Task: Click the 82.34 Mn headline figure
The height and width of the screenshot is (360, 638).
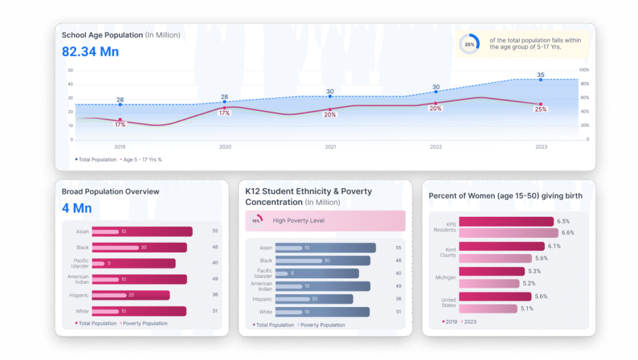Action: tap(90, 52)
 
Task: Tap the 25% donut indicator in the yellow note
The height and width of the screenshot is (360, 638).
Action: tap(469, 44)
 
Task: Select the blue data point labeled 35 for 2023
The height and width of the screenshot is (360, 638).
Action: tap(540, 80)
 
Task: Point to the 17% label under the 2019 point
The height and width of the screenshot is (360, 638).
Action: tap(120, 125)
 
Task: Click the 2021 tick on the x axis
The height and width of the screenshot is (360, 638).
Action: tap(330, 147)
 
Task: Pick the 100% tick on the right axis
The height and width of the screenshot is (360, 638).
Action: tap(584, 70)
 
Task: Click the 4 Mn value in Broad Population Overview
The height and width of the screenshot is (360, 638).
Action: tap(77, 208)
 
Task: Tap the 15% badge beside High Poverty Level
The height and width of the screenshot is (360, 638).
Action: tap(256, 221)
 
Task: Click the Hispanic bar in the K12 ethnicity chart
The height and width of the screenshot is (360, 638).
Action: tap(314, 299)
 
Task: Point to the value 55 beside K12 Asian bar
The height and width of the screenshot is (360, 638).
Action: tap(398, 248)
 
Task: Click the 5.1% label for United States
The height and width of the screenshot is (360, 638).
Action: tap(526, 308)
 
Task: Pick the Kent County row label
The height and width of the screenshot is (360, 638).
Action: tap(447, 252)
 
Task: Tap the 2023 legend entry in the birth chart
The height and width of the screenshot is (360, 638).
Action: tap(469, 322)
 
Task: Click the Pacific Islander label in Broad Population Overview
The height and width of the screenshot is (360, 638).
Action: tap(81, 263)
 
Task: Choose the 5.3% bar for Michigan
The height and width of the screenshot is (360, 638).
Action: tap(492, 272)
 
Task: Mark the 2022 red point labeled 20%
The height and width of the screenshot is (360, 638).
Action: tap(436, 103)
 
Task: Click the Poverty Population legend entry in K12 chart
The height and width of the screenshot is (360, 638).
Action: tap(322, 324)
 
